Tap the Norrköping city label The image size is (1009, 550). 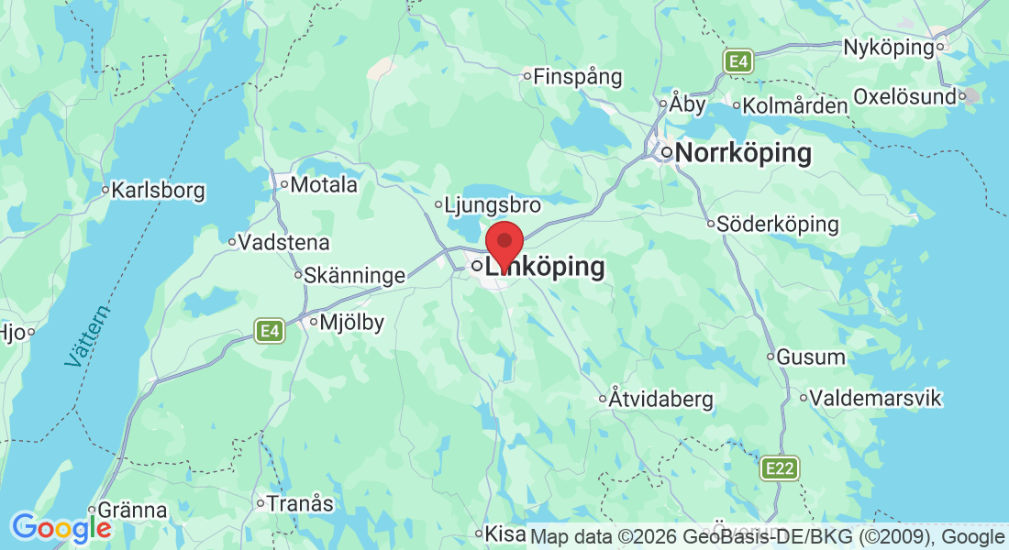(743, 153)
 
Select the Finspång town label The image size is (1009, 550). (577, 77)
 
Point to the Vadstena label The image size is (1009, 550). (283, 243)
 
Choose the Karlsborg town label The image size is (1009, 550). (158, 192)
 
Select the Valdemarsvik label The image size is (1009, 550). (870, 399)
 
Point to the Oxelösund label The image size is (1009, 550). (904, 96)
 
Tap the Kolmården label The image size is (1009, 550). (794, 106)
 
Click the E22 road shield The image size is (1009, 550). (780, 469)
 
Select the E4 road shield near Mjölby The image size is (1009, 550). (269, 331)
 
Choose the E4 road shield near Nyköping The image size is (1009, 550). (738, 61)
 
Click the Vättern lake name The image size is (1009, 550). (88, 336)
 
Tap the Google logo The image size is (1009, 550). (61, 528)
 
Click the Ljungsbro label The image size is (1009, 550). (492, 205)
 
